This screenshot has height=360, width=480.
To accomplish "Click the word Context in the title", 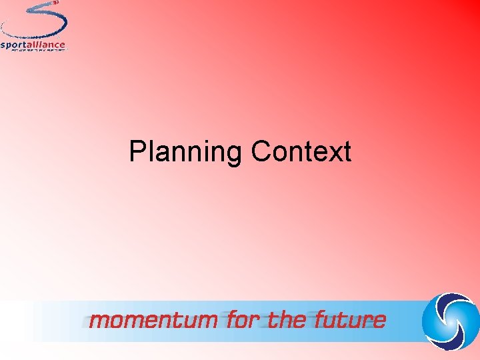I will [x=301, y=152].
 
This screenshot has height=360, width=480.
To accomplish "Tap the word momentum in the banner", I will [x=153, y=320].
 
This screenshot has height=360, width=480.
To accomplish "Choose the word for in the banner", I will [x=245, y=320].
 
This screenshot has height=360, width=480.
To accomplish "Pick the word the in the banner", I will [x=287, y=320].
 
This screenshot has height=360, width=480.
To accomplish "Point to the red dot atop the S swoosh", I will [x=56, y=3].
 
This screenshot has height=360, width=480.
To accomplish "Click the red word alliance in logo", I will [x=47, y=45].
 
